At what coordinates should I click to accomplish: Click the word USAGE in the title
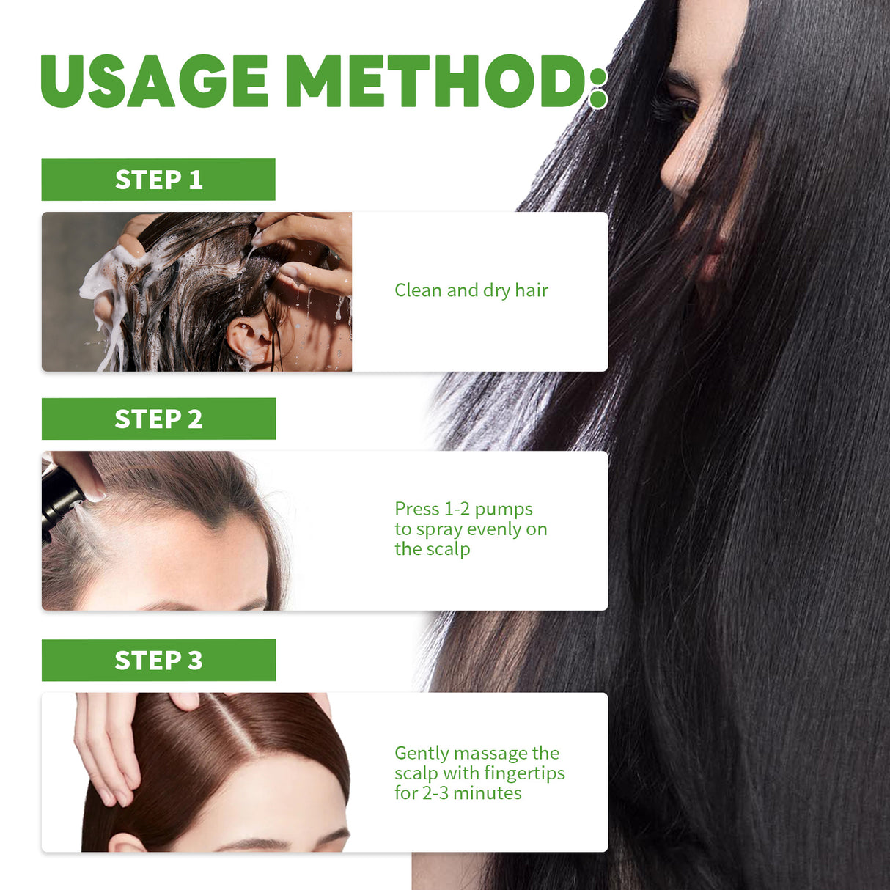(155, 81)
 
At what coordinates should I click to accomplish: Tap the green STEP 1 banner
(158, 180)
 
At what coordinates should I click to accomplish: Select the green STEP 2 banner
(158, 419)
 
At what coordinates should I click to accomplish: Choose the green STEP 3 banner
(158, 660)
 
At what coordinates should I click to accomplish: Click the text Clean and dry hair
(471, 291)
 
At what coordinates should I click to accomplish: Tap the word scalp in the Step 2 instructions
(448, 550)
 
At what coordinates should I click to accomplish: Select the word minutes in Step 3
(488, 793)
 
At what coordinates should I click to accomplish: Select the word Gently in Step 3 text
(422, 754)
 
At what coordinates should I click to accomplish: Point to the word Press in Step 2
(417, 509)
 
